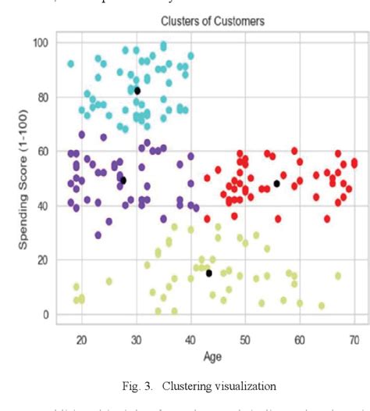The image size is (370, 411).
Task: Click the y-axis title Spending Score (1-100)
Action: pyautogui.click(x=25, y=180)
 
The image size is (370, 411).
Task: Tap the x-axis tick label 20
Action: pyautogui.click(x=81, y=338)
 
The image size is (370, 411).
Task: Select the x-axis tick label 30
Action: pyautogui.click(x=136, y=338)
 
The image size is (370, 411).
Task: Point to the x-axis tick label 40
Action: pyautogui.click(x=190, y=338)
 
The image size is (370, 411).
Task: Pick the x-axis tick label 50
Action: pyautogui.click(x=245, y=338)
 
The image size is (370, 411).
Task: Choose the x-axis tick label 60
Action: pyautogui.click(x=300, y=338)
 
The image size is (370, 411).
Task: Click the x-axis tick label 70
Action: pyautogui.click(x=354, y=338)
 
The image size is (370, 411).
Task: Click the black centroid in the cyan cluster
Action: pyautogui.click(x=137, y=91)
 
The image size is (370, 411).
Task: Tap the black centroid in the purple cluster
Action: pyautogui.click(x=123, y=180)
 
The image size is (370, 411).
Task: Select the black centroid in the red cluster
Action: pyautogui.click(x=276, y=184)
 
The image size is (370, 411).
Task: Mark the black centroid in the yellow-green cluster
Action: pyautogui.click(x=209, y=273)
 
